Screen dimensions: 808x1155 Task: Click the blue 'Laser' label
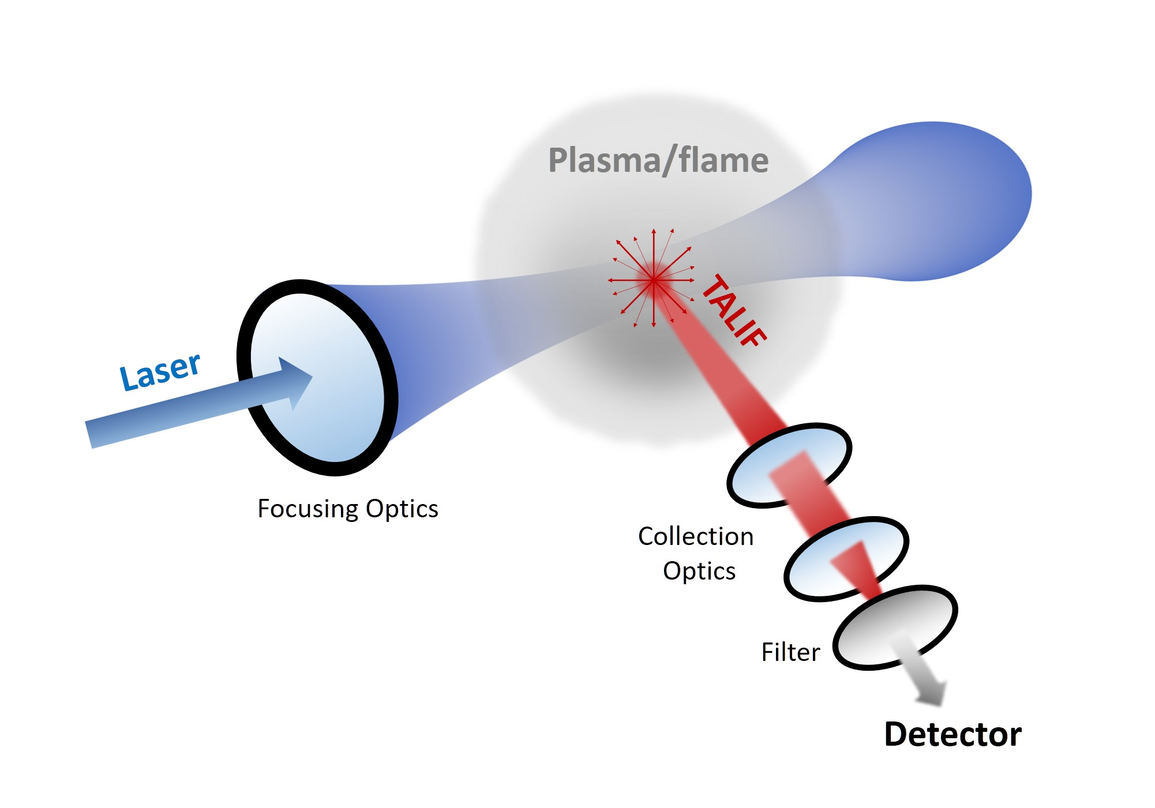click(160, 371)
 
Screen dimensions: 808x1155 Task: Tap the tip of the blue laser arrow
click(310, 378)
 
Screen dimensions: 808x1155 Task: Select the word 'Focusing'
click(308, 509)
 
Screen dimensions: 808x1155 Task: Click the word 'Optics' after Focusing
click(402, 509)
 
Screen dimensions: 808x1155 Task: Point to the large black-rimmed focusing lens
click(317, 378)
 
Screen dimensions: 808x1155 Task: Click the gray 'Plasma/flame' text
click(658, 160)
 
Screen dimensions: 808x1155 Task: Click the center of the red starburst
click(653, 280)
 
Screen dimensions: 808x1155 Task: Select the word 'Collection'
click(695, 536)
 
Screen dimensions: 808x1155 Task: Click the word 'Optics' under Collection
click(699, 571)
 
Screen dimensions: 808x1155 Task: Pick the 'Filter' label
click(790, 652)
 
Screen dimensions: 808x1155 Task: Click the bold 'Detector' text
click(952, 735)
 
